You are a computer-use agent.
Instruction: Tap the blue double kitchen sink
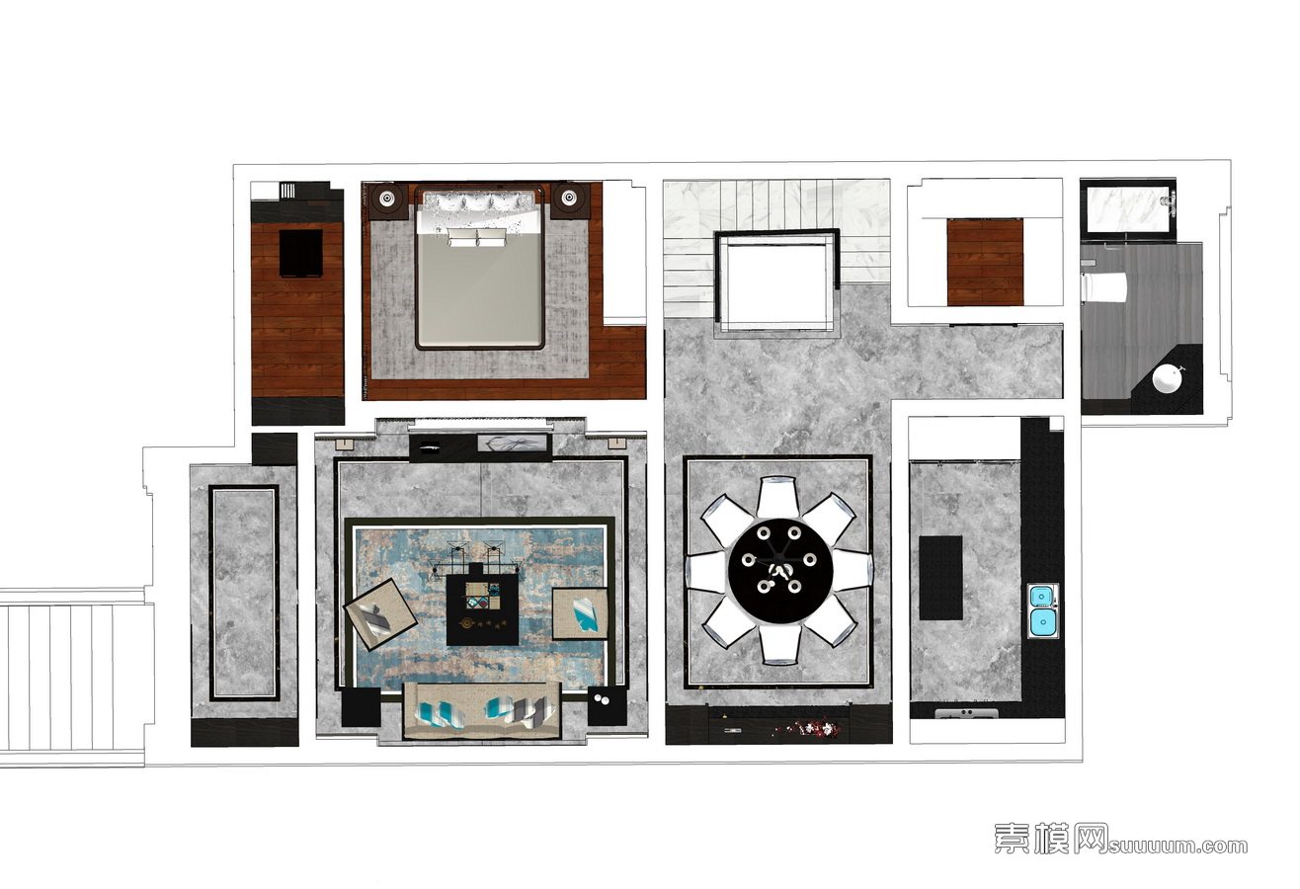(x=1043, y=611)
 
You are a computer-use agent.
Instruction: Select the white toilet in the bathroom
(x=1105, y=287)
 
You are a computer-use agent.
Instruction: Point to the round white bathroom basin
(x=1168, y=379)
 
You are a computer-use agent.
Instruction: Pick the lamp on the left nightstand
(x=387, y=199)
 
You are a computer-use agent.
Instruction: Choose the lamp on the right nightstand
(x=568, y=199)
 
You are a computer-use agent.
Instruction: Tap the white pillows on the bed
(x=478, y=237)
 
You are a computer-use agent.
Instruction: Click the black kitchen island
(x=940, y=578)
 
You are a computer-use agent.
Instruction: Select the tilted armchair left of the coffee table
(x=380, y=614)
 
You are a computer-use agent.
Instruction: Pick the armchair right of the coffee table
(x=580, y=612)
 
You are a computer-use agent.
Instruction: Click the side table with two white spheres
(x=608, y=705)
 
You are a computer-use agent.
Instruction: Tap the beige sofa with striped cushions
(x=482, y=711)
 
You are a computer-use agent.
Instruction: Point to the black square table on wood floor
(x=300, y=253)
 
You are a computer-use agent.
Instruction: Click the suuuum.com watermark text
(x=1178, y=846)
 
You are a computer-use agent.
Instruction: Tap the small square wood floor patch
(x=985, y=262)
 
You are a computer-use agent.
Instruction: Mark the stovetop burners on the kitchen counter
(x=966, y=712)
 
